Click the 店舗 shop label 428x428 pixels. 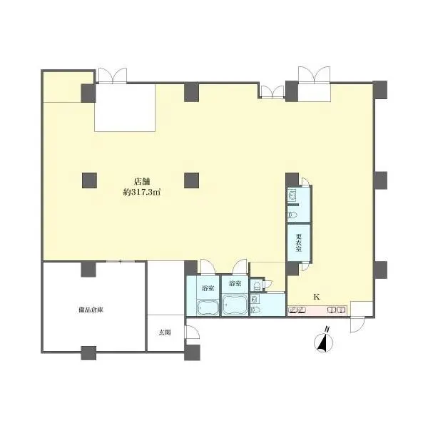(x=142, y=181)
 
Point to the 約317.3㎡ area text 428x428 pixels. (x=142, y=192)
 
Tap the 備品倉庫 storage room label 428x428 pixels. (x=91, y=310)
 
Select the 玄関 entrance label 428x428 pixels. (x=165, y=332)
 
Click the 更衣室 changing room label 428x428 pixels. (x=299, y=242)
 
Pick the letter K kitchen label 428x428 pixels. (x=316, y=297)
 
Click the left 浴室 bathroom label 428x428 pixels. (x=208, y=288)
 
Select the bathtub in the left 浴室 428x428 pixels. (x=208, y=307)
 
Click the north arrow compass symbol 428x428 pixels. (x=323, y=343)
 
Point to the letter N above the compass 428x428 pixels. (x=327, y=330)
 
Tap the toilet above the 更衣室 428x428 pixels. (x=292, y=215)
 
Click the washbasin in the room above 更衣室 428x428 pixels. (x=292, y=195)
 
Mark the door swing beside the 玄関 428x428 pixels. (x=192, y=332)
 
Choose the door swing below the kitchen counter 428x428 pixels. (x=357, y=325)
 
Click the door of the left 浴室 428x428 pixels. (x=208, y=267)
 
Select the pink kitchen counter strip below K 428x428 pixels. (x=317, y=310)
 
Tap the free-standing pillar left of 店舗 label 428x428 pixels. (x=89, y=180)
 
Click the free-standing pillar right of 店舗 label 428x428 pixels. (x=191, y=180)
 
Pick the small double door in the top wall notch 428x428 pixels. (x=272, y=92)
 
